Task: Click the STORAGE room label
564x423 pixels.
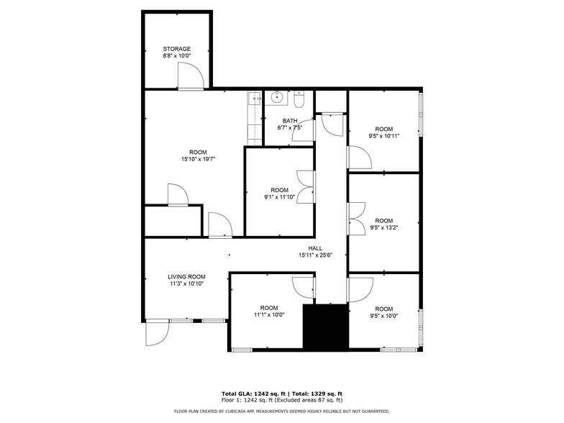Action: coord(176,49)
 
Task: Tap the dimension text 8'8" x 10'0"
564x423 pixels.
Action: coord(176,55)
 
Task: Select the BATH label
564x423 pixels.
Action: coord(289,121)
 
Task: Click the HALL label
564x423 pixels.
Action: coord(315,248)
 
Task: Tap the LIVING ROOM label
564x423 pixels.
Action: coord(186,276)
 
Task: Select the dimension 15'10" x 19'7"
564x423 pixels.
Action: coord(198,159)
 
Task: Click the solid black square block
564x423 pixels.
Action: coord(324,327)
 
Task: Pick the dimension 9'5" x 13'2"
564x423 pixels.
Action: coord(383,227)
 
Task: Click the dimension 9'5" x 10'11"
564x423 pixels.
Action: coord(383,135)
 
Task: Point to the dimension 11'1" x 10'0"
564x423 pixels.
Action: coord(269,314)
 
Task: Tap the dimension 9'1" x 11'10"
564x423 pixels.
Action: coord(279,196)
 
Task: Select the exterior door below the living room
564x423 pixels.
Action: coord(155,332)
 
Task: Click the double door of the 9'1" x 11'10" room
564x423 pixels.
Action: coord(306,187)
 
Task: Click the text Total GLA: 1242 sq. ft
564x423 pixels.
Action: coord(254,394)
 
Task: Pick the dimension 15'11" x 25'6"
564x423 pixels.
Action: coord(315,255)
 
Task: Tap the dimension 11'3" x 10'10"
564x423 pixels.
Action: coord(186,283)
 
